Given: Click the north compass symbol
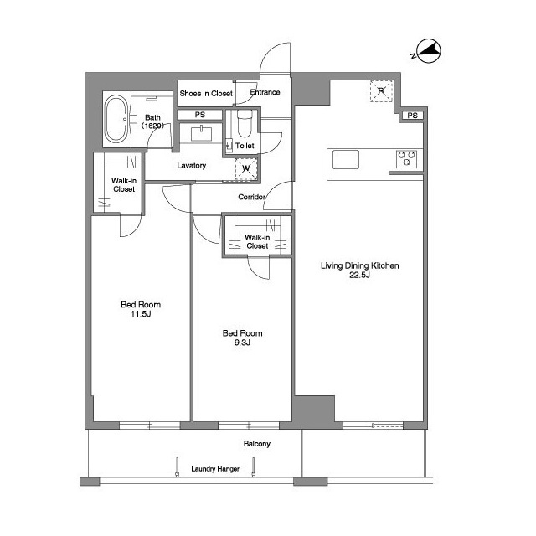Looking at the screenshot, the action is click(428, 51).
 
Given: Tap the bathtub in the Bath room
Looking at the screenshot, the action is click(116, 119).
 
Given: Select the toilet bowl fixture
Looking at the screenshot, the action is click(244, 124).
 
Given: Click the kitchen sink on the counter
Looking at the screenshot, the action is click(346, 159).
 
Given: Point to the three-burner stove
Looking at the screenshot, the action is click(406, 159).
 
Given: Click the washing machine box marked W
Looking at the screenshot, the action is click(246, 168).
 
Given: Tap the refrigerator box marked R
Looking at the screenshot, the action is click(381, 91).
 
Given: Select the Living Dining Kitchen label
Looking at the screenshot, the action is click(359, 270).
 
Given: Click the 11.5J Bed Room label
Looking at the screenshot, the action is click(141, 309).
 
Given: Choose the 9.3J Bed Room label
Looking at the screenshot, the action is click(242, 338).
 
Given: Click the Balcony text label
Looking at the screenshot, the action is click(257, 444).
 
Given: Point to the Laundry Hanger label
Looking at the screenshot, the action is click(215, 469).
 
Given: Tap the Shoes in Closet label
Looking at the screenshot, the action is click(206, 93).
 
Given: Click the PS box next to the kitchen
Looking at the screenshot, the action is click(412, 116).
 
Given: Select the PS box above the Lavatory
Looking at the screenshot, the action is click(200, 115).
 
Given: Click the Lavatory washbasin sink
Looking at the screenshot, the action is click(201, 133).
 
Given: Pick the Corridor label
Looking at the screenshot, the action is click(251, 197).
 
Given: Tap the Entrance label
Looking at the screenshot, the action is click(265, 92).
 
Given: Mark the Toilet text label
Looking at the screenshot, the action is click(245, 146).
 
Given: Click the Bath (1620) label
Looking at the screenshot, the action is click(152, 121).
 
